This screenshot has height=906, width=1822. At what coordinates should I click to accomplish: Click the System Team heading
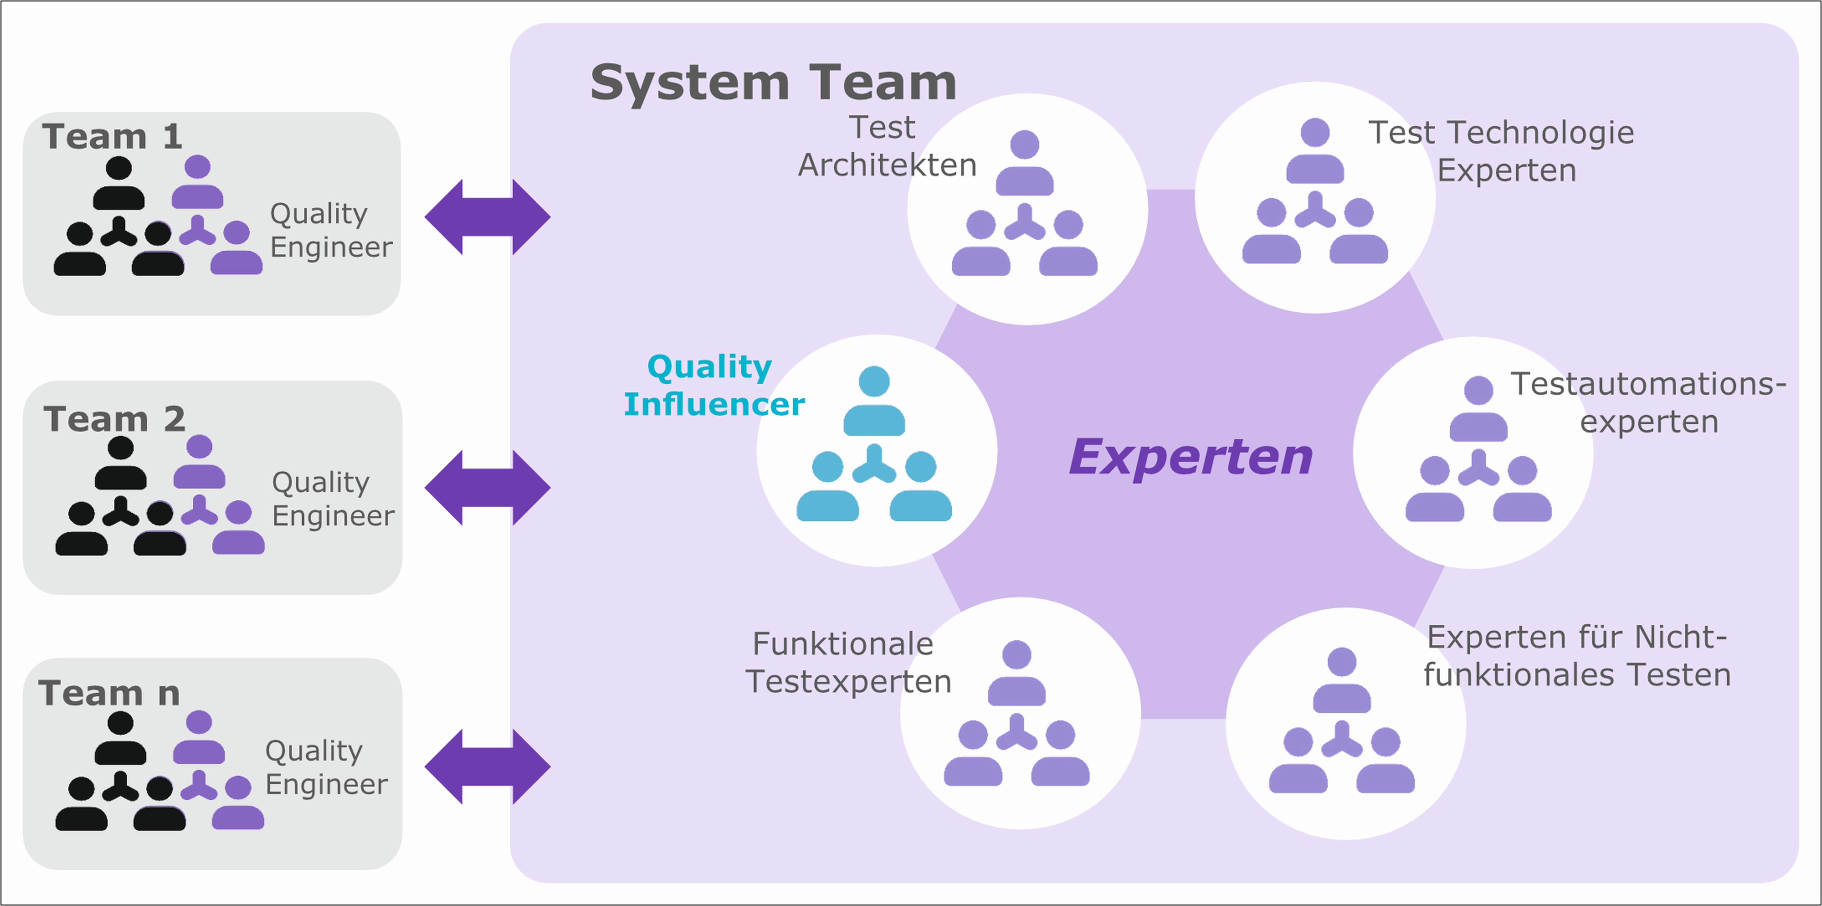point(773,83)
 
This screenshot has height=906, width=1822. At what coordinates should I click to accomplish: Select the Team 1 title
point(112,136)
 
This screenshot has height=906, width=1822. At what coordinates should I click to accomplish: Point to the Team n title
point(110,693)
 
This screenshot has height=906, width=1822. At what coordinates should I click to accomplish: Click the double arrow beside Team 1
point(487,217)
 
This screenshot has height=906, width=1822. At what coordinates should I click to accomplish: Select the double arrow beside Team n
point(487,767)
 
